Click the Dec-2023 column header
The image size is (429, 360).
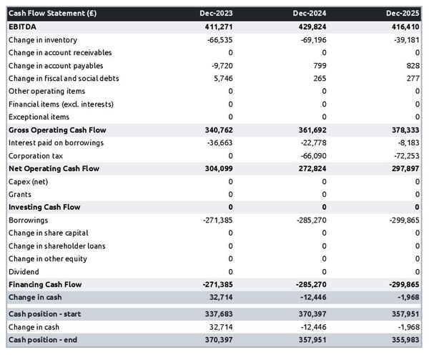[216, 14]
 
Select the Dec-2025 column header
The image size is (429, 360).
[403, 14]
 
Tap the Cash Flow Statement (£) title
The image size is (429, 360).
[52, 14]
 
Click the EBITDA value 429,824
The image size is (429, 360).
[310, 26]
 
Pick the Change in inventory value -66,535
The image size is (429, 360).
[217, 39]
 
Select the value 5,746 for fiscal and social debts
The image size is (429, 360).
[222, 78]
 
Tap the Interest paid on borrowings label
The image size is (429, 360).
[56, 142]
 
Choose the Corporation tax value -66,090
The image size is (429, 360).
[310, 155]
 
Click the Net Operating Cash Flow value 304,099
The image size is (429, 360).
[217, 168]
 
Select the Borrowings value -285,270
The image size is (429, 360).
[308, 220]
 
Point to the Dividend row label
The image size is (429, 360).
[24, 272]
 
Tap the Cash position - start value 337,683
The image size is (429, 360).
[217, 314]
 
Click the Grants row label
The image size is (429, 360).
[20, 194]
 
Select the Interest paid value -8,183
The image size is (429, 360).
[407, 142]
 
